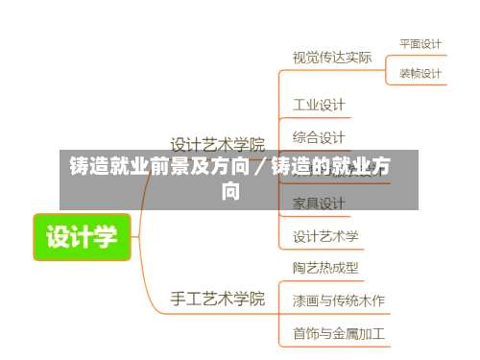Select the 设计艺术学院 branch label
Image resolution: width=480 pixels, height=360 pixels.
pyautogui.click(x=217, y=146)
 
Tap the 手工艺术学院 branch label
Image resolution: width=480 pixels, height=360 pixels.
pyautogui.click(x=217, y=298)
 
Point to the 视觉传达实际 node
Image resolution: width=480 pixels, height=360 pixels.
pyautogui.click(x=331, y=58)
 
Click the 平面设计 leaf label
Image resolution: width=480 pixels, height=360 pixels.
pyautogui.click(x=420, y=43)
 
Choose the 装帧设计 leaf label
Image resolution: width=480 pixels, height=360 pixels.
pyautogui.click(x=420, y=73)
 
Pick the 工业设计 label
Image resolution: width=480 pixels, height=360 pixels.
pyautogui.click(x=319, y=104)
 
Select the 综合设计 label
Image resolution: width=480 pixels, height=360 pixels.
pyautogui.click(x=319, y=137)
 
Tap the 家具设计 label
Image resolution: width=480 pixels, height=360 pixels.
pyautogui.click(x=319, y=204)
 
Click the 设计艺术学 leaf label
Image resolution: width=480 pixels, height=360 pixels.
pyautogui.click(x=325, y=236)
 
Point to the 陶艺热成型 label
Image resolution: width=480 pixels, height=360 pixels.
pyautogui.click(x=325, y=268)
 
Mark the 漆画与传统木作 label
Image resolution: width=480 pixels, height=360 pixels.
pyautogui.click(x=339, y=300)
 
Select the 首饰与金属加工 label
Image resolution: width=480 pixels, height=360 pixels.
pyautogui.click(x=339, y=334)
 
